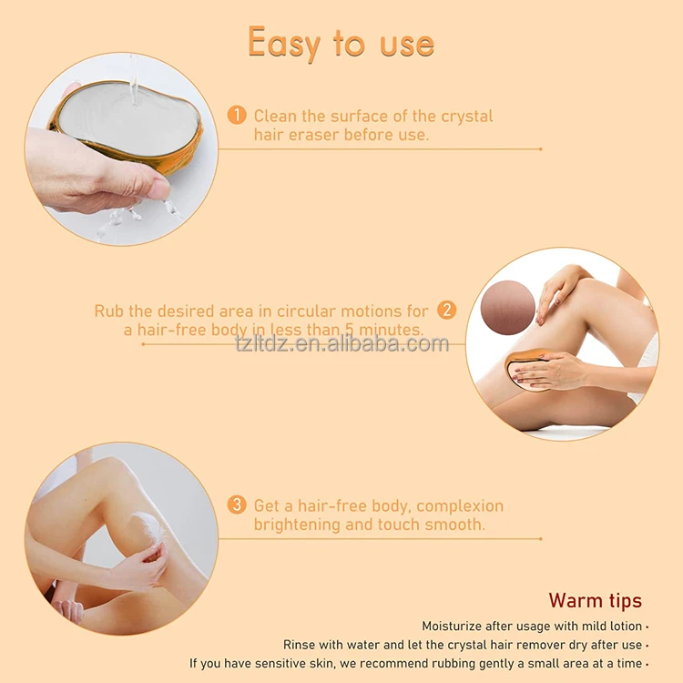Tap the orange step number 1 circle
[x=237, y=116]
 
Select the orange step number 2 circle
[x=446, y=310]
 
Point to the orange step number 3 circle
[x=237, y=505]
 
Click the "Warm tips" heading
[x=595, y=601]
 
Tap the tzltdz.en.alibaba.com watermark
[x=341, y=344]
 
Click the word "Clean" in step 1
[x=275, y=116]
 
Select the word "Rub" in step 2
[x=108, y=311]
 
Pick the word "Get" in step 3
[x=268, y=505]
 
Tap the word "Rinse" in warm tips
[x=301, y=645]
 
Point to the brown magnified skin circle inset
[x=507, y=307]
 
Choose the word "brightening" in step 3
[x=294, y=525]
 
